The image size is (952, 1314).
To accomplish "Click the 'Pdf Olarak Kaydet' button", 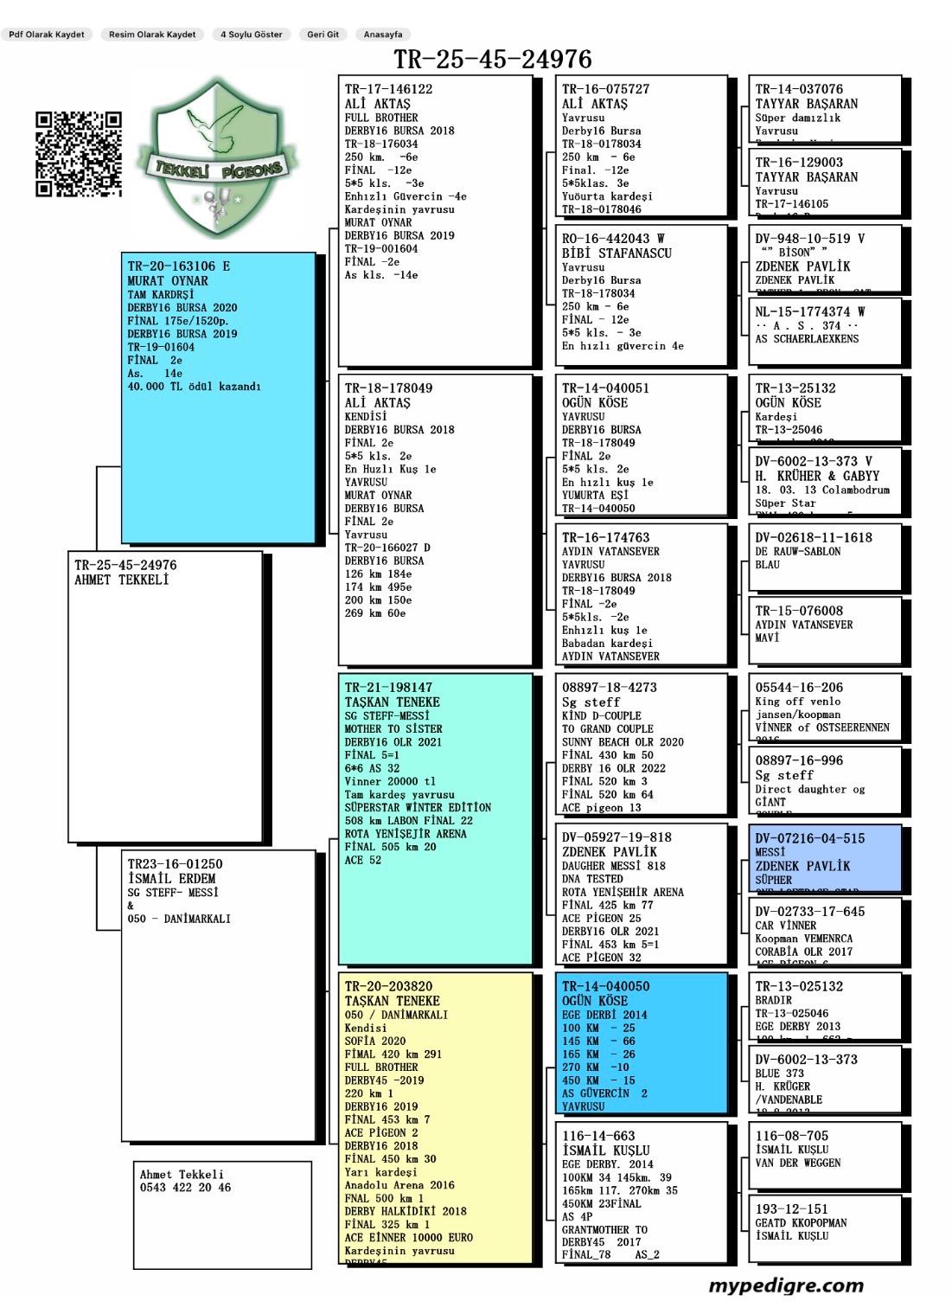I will (47, 35).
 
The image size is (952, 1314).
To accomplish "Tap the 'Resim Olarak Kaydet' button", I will (152, 35).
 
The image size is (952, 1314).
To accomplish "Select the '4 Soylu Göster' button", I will (252, 35).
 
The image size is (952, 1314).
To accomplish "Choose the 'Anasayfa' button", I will (383, 35).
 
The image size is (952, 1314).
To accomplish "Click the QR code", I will (79, 154).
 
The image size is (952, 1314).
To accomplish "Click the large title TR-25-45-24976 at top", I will (493, 59).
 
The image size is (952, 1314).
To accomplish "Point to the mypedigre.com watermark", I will (786, 1285).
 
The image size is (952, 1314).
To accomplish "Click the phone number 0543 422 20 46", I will (186, 1188).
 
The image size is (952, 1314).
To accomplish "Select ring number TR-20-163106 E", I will (179, 266).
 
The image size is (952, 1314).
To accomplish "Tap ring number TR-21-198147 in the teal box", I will (388, 688).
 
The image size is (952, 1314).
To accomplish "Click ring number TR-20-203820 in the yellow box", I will (388, 986).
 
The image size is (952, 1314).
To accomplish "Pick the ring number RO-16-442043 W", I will (613, 239).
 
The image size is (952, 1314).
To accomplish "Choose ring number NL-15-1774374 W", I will (810, 311).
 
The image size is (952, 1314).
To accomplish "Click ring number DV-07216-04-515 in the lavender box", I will (809, 838).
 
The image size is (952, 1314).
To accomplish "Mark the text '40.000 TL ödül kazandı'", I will (194, 387).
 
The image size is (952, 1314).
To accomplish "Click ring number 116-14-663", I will (598, 1136).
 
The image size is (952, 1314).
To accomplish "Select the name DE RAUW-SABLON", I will (797, 551).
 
